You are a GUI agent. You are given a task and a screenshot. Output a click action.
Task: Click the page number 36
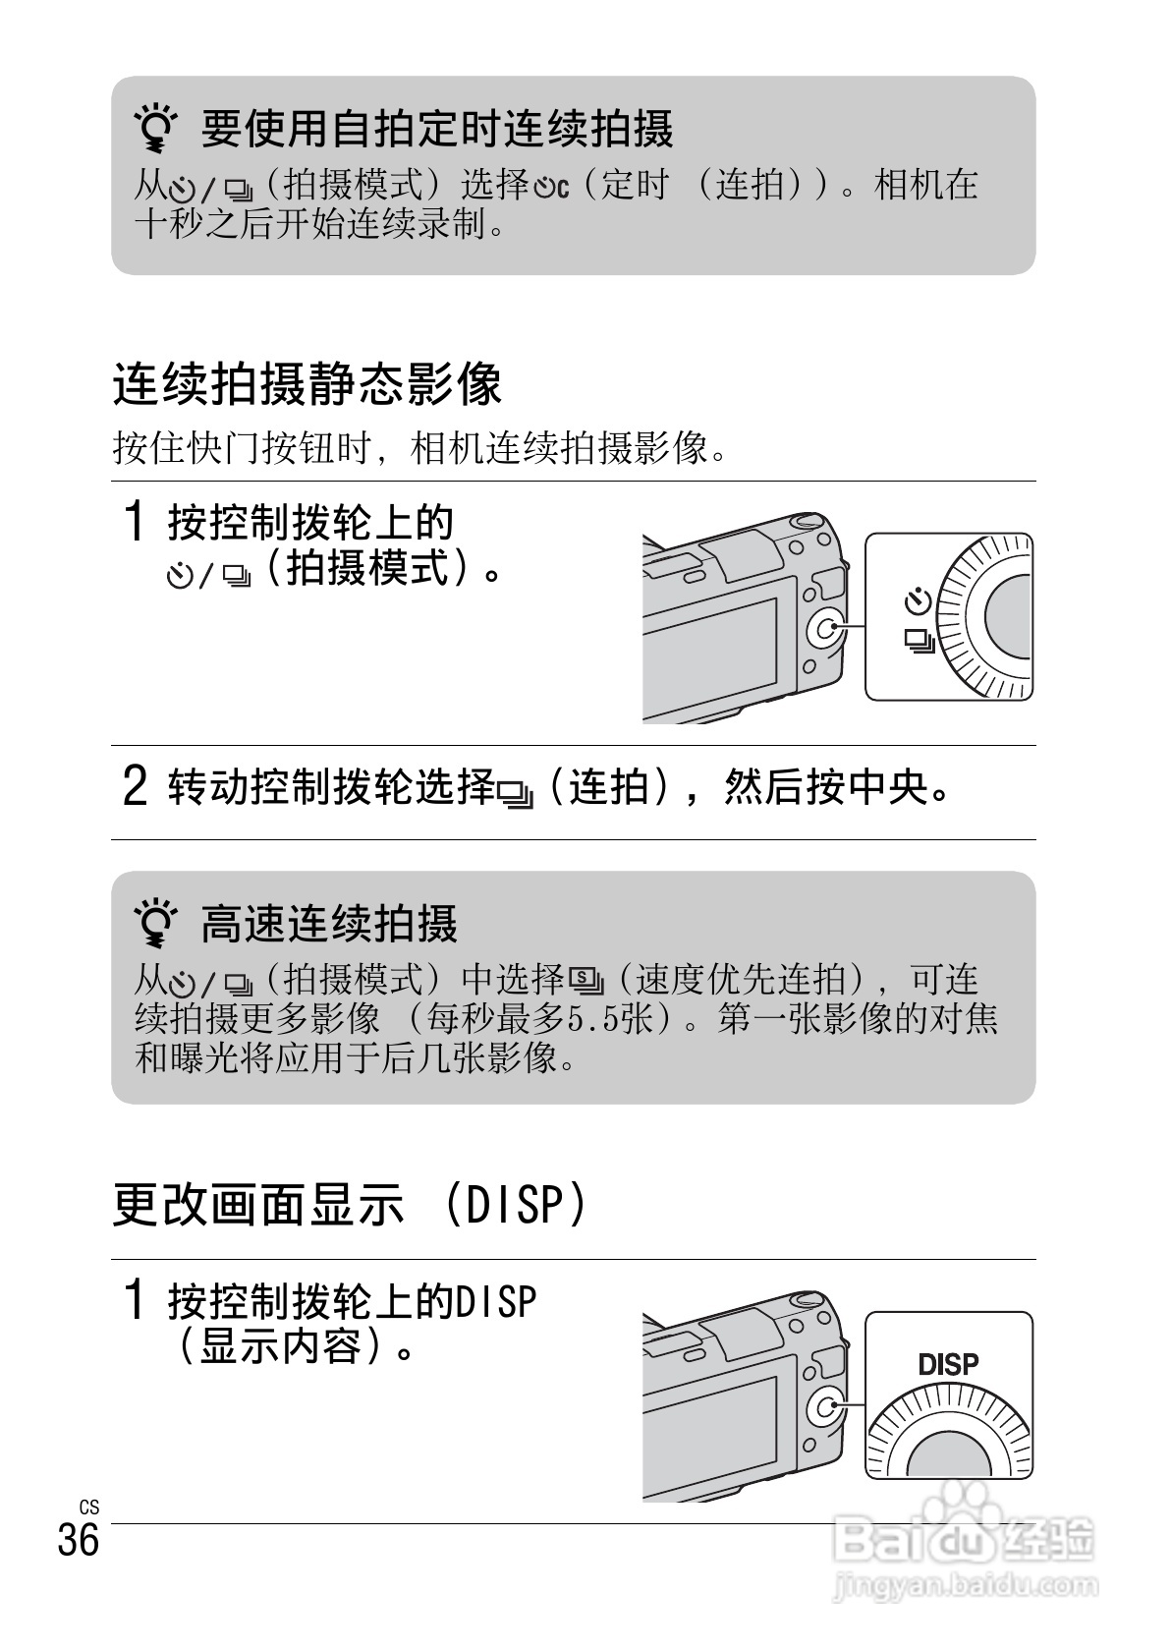[x=79, y=1540]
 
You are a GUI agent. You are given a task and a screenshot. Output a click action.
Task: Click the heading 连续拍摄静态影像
[x=307, y=384]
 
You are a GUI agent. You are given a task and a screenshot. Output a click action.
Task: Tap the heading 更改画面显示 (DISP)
[x=351, y=1204]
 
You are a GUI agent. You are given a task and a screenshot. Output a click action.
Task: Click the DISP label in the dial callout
[x=948, y=1365]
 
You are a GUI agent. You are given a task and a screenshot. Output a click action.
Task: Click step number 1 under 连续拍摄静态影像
[x=136, y=522]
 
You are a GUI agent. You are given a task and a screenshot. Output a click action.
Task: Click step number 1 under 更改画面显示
[x=136, y=1301]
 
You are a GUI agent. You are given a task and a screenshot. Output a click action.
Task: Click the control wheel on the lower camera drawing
[x=823, y=1409]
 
